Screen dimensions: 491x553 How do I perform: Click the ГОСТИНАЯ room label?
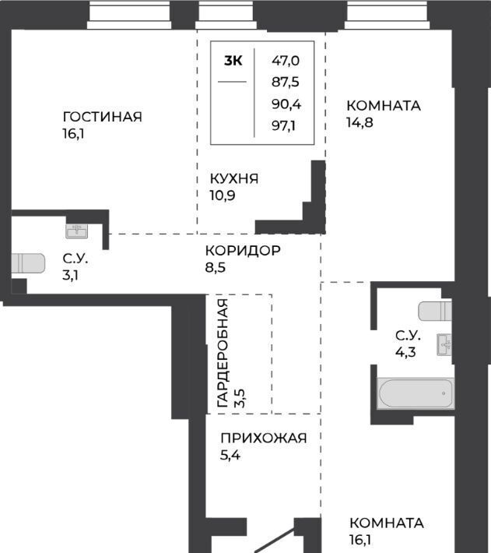click(103, 117)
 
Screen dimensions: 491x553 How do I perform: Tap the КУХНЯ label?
click(234, 179)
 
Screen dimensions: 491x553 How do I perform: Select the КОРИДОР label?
click(243, 250)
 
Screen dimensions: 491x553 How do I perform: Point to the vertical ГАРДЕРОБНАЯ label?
click(223, 353)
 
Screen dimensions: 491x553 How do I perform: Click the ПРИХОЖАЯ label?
click(264, 438)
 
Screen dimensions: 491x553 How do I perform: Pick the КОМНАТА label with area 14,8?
click(384, 105)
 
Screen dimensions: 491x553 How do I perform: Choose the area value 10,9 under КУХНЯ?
click(223, 195)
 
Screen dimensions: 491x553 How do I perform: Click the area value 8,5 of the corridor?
click(216, 267)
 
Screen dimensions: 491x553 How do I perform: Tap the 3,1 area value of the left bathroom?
click(71, 275)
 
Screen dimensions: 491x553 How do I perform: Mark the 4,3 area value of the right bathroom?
click(405, 352)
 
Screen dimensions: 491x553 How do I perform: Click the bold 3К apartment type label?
click(233, 61)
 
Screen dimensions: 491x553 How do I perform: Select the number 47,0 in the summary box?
click(286, 61)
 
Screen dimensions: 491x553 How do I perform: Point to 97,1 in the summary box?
click(283, 125)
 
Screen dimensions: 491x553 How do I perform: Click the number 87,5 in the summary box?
click(286, 82)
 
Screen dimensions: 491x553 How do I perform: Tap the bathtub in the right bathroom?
click(416, 393)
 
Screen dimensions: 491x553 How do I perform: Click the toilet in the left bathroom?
click(28, 263)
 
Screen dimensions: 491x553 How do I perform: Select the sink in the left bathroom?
click(77, 231)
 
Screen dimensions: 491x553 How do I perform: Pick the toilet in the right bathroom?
click(435, 311)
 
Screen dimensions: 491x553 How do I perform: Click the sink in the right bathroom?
click(444, 344)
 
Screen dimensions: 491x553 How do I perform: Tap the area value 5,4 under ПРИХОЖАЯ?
click(230, 455)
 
